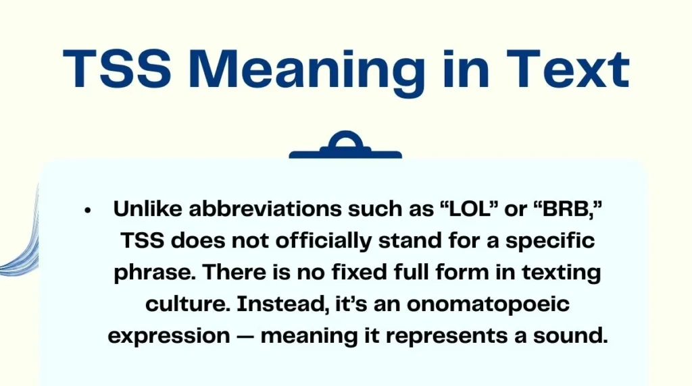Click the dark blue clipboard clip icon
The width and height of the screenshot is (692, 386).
point(345,146)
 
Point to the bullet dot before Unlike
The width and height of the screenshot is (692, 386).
point(88,211)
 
